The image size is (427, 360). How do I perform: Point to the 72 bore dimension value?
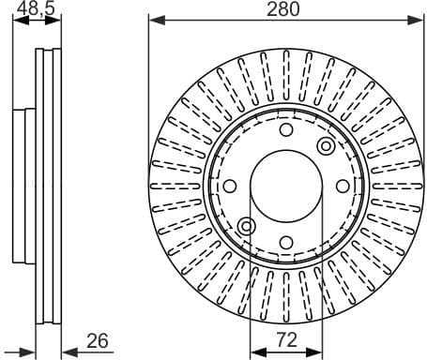(x=286, y=339)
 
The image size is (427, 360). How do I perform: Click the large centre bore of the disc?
(x=286, y=186)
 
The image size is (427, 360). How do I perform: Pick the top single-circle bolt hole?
(x=286, y=130)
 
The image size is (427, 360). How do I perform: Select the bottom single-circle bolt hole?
(x=286, y=241)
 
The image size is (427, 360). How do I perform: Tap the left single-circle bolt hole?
(x=231, y=186)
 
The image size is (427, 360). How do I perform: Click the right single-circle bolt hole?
(x=342, y=186)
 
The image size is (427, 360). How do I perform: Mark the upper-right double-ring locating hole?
(x=326, y=145)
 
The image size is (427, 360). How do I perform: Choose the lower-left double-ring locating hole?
(x=247, y=226)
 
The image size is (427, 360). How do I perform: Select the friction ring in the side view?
(x=47, y=186)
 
